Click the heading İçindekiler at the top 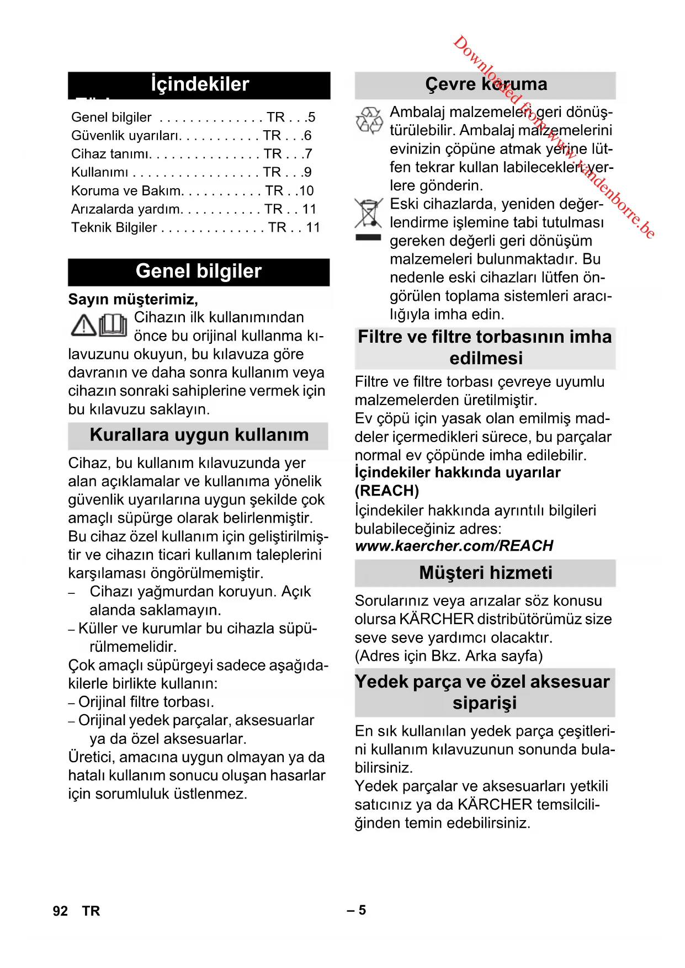coord(199,84)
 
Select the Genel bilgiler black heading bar coord(199,272)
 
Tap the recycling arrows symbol coord(369,120)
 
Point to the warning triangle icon coord(84,326)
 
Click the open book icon coord(113,325)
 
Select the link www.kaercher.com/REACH coord(454,546)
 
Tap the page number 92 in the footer coord(60,911)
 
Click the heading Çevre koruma coord(486,84)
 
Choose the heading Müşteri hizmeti coord(485,573)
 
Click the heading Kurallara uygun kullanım coord(199,435)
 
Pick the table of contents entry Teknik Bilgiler coord(114,227)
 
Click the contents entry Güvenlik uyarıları coord(126,136)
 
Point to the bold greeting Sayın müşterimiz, coord(133,299)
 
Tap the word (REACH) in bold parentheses coord(387,491)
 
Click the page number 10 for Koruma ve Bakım coord(306,191)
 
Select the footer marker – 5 coord(357,910)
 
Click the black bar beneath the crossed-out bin coord(368,238)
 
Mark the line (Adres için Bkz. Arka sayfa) coord(449,656)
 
